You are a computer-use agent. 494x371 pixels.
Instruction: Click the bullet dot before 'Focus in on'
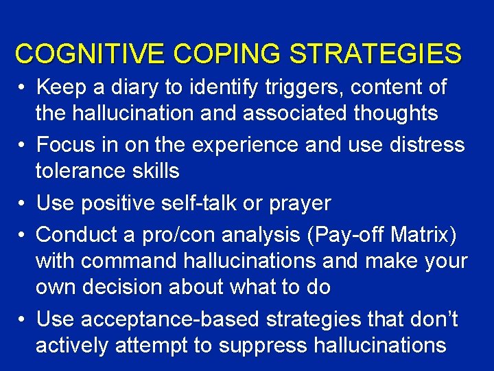pyautogui.click(x=22, y=146)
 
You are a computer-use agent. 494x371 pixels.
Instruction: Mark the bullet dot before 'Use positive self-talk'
pyautogui.click(x=22, y=204)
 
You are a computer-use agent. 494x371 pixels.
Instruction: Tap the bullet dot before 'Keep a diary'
pyautogui.click(x=22, y=88)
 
